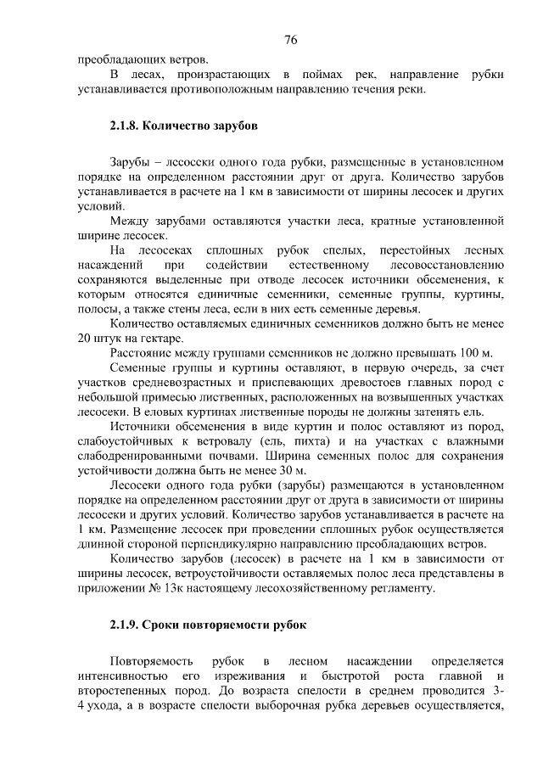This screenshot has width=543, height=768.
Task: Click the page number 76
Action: click(290, 41)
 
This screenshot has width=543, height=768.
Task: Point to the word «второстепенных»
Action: click(119, 691)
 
